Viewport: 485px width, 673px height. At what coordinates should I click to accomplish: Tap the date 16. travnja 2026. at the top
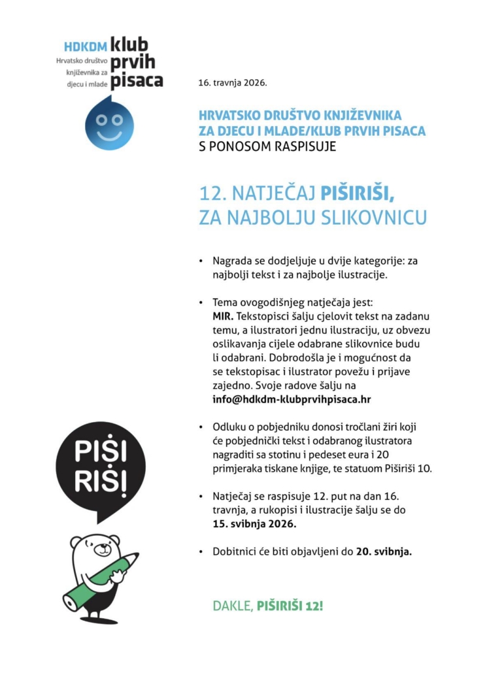click(x=233, y=83)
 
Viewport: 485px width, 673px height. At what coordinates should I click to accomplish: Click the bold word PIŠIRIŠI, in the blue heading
click(x=357, y=194)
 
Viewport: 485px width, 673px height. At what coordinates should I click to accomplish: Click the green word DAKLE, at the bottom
click(x=233, y=605)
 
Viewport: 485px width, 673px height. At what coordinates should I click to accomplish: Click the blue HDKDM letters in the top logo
click(x=85, y=48)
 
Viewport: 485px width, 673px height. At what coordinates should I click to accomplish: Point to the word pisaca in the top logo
click(x=136, y=80)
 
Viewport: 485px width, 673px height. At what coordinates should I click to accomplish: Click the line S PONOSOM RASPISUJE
click(x=267, y=146)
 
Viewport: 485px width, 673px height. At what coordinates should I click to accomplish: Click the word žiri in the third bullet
click(x=386, y=427)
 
